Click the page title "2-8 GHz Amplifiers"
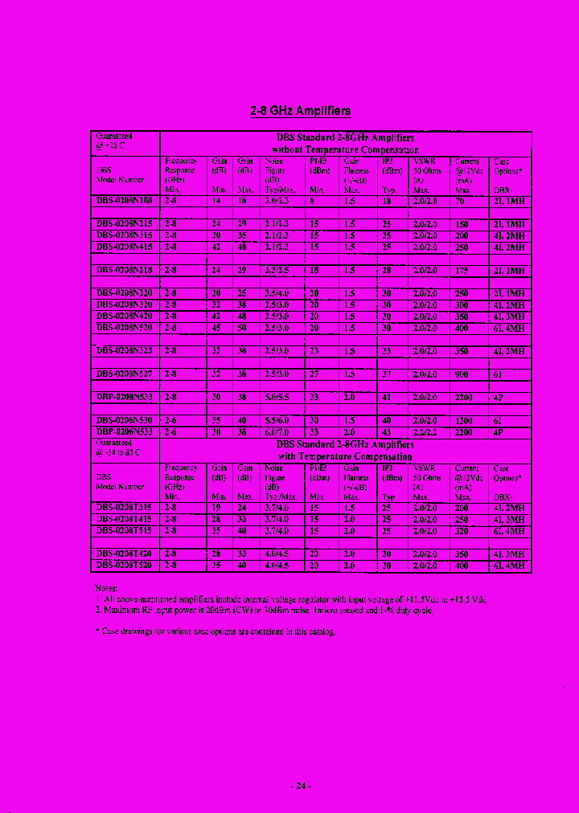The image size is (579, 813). pyautogui.click(x=300, y=111)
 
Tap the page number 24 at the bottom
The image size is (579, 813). pyautogui.click(x=300, y=786)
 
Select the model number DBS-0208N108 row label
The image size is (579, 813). pyautogui.click(x=125, y=201)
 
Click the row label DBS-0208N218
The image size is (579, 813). pyautogui.click(x=125, y=272)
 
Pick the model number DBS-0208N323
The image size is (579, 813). pyautogui.click(x=125, y=351)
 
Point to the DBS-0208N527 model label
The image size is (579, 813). pyautogui.click(x=125, y=374)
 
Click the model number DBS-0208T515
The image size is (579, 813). pyautogui.click(x=125, y=531)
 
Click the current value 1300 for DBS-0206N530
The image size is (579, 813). pyautogui.click(x=465, y=421)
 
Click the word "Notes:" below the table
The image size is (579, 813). pyautogui.click(x=106, y=588)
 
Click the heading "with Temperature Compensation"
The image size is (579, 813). pyautogui.click(x=344, y=456)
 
